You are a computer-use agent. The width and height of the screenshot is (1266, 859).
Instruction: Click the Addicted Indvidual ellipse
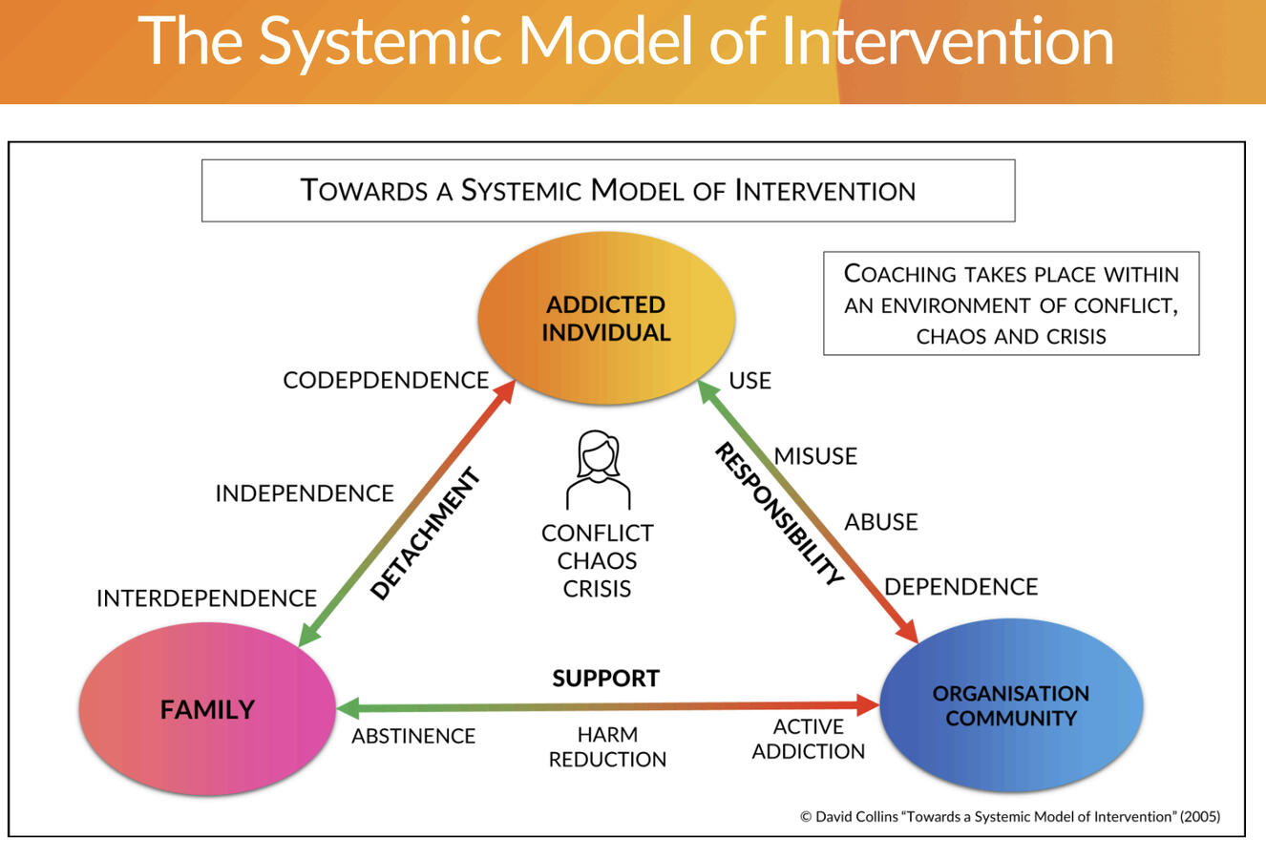(x=605, y=319)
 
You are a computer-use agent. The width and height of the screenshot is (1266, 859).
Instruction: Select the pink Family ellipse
(x=207, y=709)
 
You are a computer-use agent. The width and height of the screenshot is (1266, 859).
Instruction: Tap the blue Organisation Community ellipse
(x=1010, y=706)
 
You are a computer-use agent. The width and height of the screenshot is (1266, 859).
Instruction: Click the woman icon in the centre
(x=599, y=470)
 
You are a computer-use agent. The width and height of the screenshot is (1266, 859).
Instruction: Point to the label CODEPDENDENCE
(x=386, y=380)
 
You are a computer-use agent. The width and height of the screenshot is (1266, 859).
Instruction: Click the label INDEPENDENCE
(x=304, y=493)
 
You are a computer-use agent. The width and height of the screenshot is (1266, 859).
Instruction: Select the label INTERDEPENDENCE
(x=206, y=598)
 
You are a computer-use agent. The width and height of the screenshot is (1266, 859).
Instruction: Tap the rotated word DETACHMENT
(x=425, y=534)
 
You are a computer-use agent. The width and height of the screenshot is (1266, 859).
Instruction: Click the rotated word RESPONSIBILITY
(x=779, y=514)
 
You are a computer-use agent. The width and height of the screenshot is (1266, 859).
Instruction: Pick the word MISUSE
(x=815, y=456)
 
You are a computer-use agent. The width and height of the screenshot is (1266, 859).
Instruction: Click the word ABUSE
(x=880, y=522)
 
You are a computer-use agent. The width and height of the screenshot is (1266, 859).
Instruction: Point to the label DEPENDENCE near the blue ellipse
(x=960, y=586)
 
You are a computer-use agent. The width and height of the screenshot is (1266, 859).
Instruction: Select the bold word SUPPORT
(x=605, y=679)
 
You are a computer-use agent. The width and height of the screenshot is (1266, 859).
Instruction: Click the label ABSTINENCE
(x=412, y=736)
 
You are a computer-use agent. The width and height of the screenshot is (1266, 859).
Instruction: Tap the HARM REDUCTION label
(x=607, y=746)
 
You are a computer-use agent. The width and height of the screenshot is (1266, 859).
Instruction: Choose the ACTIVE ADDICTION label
(x=808, y=739)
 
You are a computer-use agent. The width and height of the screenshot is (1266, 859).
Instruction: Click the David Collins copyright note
(x=1009, y=816)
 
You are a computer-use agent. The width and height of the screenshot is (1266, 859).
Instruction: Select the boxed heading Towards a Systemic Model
(x=607, y=191)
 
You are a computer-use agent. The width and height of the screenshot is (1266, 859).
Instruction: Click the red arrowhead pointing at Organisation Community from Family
(x=867, y=705)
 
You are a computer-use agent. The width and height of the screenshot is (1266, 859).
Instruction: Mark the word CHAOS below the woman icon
(x=597, y=560)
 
